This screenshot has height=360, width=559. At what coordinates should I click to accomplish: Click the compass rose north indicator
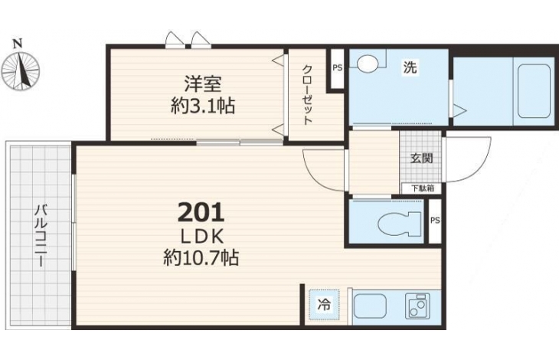[20, 67]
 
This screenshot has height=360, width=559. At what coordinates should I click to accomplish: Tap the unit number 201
[201, 212]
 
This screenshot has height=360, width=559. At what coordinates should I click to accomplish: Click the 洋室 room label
[203, 84]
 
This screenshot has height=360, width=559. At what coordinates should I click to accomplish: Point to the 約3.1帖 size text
[203, 106]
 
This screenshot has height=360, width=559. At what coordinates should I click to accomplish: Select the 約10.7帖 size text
[201, 257]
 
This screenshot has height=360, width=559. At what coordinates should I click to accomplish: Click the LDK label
[202, 236]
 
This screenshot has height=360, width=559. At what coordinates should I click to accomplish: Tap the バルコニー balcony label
[40, 235]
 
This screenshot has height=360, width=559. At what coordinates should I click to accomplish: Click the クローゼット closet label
[307, 94]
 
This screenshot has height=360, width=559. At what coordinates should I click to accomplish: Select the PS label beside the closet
[337, 67]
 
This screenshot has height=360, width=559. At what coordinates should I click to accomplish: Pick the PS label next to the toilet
[435, 221]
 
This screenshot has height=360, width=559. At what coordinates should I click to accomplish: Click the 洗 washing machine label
[410, 67]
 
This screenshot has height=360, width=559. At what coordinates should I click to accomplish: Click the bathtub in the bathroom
[534, 91]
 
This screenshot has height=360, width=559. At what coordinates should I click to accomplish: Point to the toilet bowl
[399, 224]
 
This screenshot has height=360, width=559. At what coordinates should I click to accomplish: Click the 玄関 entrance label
[422, 158]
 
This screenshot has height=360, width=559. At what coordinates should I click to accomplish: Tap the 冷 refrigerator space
[324, 305]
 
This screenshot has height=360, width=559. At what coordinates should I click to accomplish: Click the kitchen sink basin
[370, 306]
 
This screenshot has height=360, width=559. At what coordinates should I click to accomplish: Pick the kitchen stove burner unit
[417, 306]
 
